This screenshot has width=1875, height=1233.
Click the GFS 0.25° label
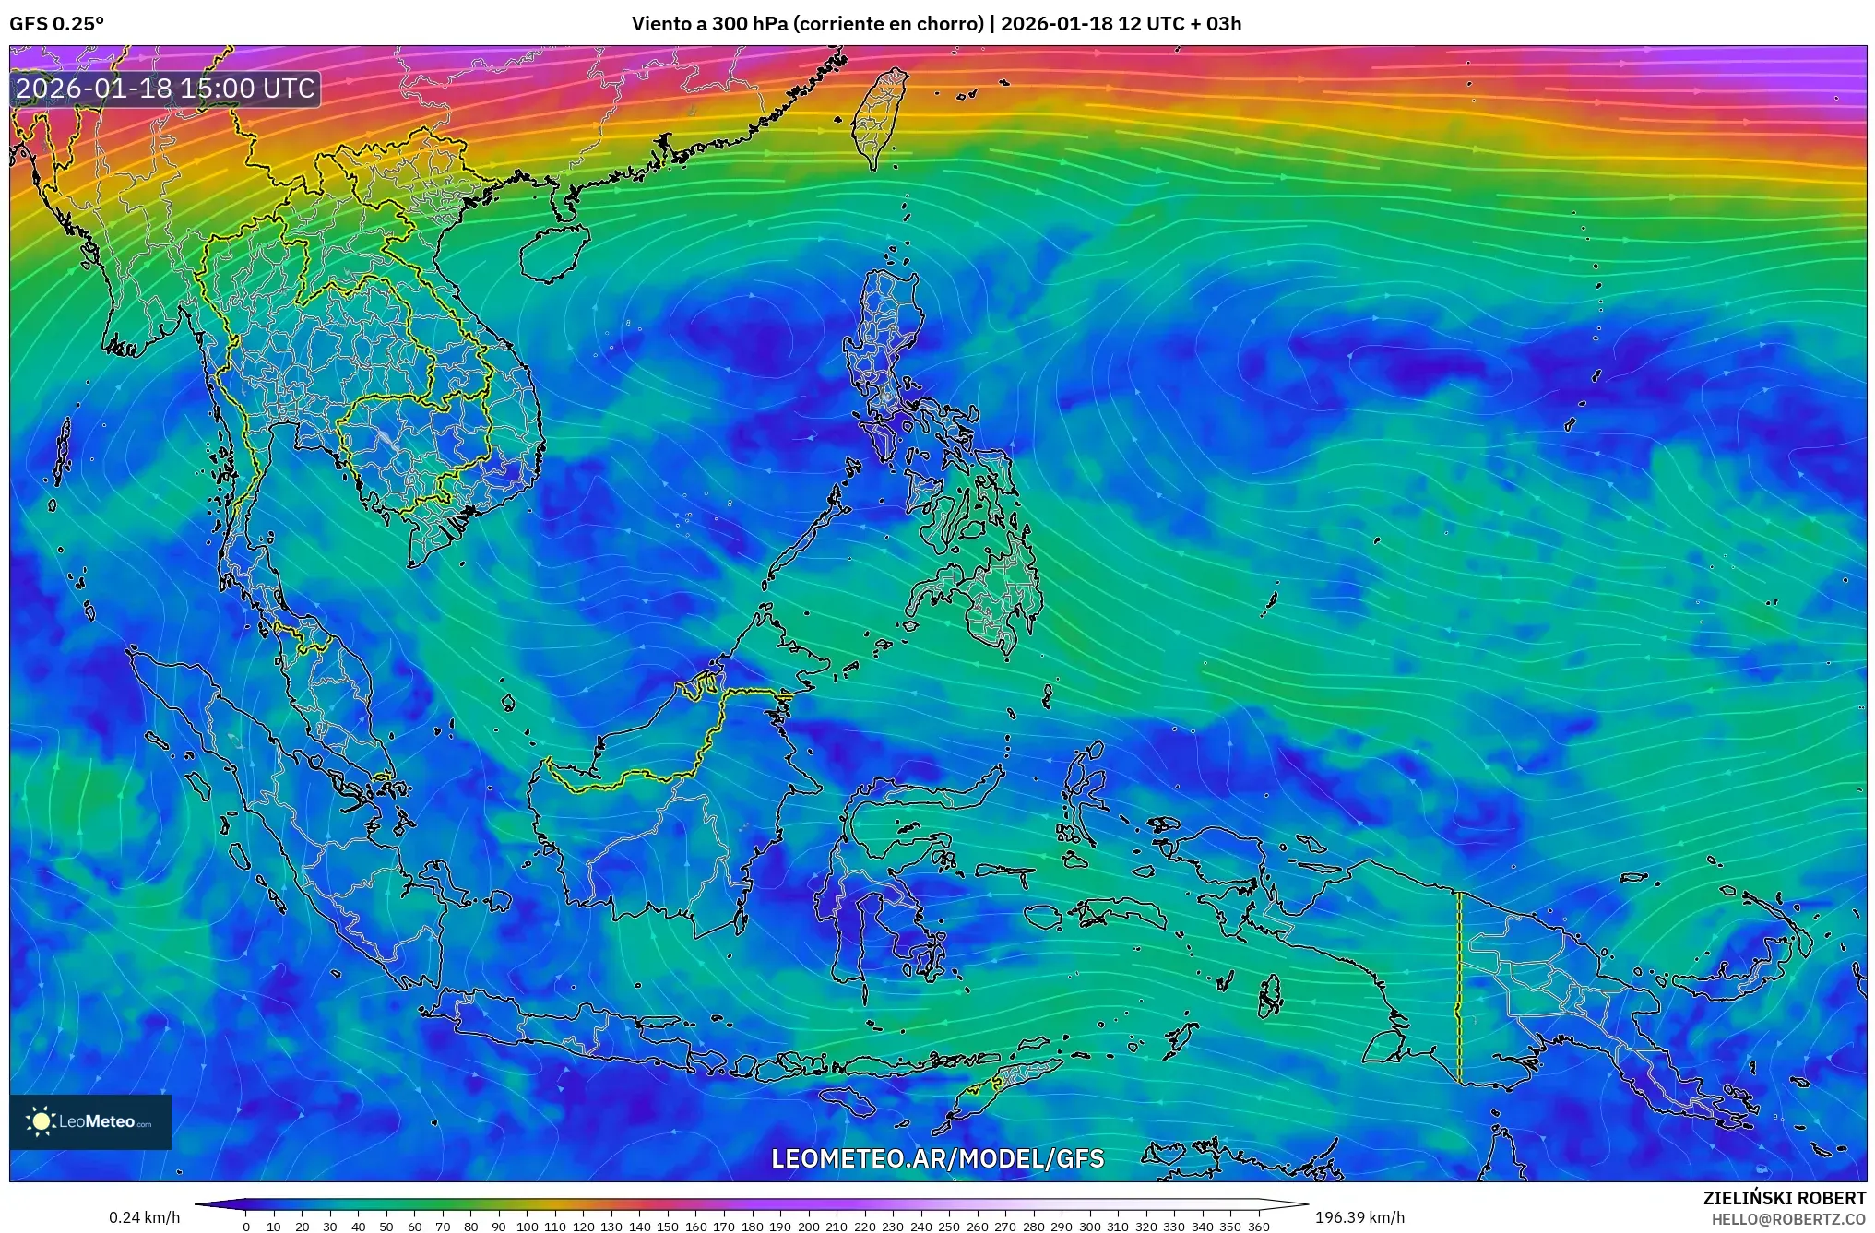[x=56, y=24]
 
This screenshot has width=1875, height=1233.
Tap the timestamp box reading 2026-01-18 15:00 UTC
[x=166, y=89]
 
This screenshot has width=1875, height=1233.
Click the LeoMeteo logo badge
[x=90, y=1121]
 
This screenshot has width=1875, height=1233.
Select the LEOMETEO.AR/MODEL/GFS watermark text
[x=937, y=1158]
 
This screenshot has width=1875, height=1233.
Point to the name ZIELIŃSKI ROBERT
[x=1784, y=1198]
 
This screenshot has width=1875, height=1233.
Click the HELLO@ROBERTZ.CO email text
[x=1788, y=1219]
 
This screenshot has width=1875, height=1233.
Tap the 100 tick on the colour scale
[x=527, y=1227]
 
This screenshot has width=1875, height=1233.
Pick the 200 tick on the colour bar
[x=808, y=1227]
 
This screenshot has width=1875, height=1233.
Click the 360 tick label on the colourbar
[x=1259, y=1227]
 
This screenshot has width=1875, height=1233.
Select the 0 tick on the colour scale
[x=245, y=1227]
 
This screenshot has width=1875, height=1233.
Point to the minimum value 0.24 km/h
[x=144, y=1217]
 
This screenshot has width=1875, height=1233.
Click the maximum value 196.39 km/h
[x=1359, y=1217]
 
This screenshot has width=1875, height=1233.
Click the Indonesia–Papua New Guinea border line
[x=1459, y=987]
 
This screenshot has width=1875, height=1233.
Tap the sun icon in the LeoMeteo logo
[x=42, y=1121]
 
